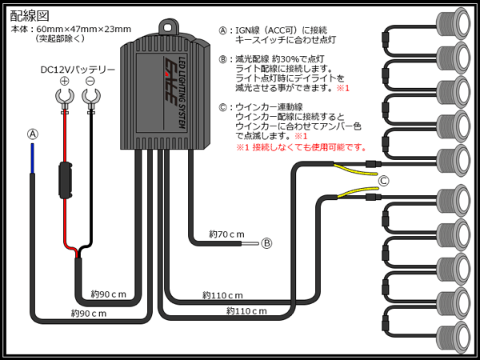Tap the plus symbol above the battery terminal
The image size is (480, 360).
[65, 82]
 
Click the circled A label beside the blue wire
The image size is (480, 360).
[32, 134]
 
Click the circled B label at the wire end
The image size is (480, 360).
[266, 243]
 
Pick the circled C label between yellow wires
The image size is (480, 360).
[383, 181]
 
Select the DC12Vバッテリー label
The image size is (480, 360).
[78, 70]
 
